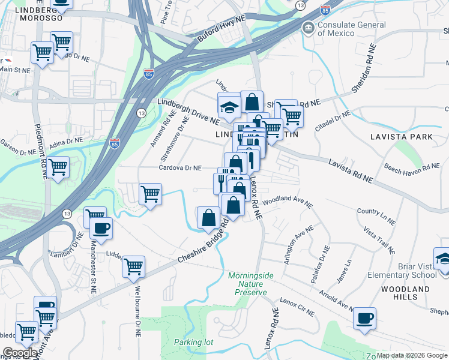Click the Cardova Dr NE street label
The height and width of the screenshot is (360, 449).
click(181, 169)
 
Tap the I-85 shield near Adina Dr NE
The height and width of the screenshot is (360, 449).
click(114, 143)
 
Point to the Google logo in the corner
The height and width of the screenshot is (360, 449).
click(20, 353)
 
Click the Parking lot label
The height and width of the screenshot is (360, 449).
click(194, 342)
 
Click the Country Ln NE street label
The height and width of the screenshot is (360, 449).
click(376, 217)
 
